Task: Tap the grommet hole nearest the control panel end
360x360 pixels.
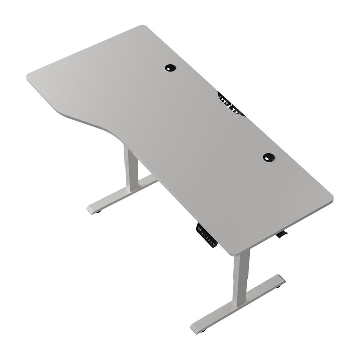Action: pyautogui.click(x=269, y=157)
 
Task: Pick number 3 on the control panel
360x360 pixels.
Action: pyautogui.click(x=212, y=241)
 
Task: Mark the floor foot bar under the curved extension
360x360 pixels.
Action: pyautogui.click(x=122, y=192)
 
